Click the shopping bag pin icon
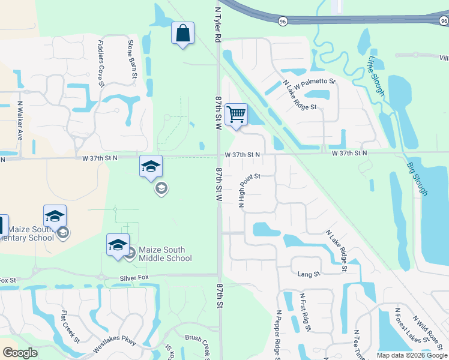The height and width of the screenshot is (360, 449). [183, 34]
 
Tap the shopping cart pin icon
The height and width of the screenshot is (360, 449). [236, 114]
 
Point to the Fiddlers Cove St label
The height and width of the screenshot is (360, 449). [101, 62]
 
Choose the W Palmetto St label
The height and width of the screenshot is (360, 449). [315, 83]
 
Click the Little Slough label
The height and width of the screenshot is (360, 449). [376, 74]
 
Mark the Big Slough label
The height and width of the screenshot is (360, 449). [417, 178]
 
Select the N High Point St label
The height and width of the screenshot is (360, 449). [249, 189]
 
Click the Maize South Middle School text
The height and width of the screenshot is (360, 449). [165, 254]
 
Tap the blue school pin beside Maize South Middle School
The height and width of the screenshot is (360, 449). [118, 244]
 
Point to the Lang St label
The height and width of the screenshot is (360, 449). [309, 274]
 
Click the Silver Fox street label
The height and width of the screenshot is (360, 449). [133, 278]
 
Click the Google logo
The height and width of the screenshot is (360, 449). [20, 353]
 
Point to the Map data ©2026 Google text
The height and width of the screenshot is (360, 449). [411, 355]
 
